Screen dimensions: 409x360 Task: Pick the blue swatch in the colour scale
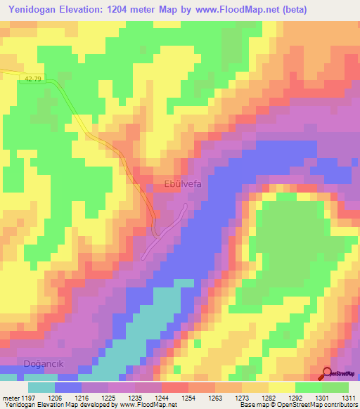(67, 387)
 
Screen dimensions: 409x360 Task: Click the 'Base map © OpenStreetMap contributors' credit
(298, 405)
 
